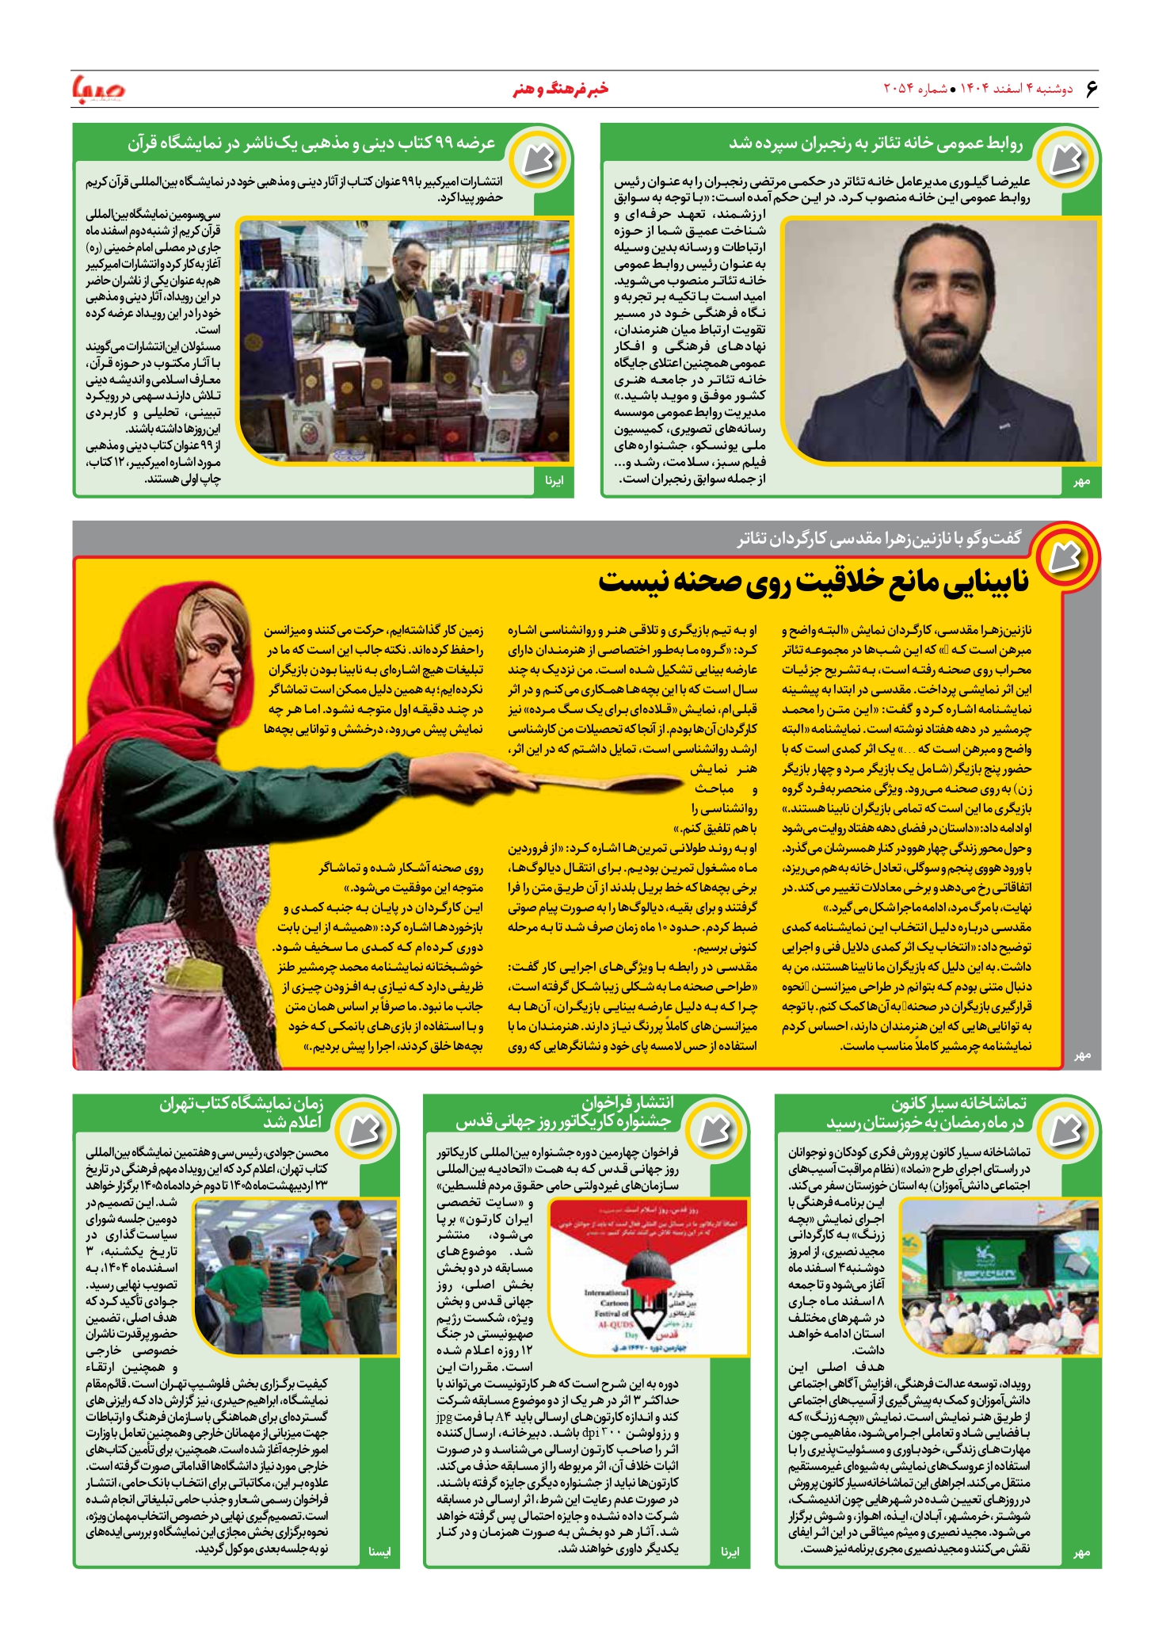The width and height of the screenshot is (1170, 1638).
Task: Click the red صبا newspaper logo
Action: [99, 89]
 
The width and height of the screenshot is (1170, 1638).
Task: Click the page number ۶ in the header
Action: [1092, 89]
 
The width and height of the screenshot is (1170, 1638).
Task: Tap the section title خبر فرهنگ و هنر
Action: [560, 89]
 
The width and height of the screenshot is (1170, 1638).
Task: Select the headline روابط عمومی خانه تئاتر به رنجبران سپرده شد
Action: [875, 143]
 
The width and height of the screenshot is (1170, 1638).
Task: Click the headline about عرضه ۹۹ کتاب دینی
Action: [311, 143]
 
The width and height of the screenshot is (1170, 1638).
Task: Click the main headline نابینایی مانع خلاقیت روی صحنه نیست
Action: [813, 582]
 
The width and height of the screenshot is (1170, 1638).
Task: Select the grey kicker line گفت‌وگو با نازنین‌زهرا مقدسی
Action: [879, 539]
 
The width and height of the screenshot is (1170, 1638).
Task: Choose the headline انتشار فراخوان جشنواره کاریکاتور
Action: [564, 1113]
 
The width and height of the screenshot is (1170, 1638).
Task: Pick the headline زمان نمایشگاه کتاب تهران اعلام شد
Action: [242, 1113]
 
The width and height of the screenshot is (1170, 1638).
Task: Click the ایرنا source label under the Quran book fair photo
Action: [554, 480]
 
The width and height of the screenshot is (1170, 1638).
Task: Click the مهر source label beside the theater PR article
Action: [1081, 481]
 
